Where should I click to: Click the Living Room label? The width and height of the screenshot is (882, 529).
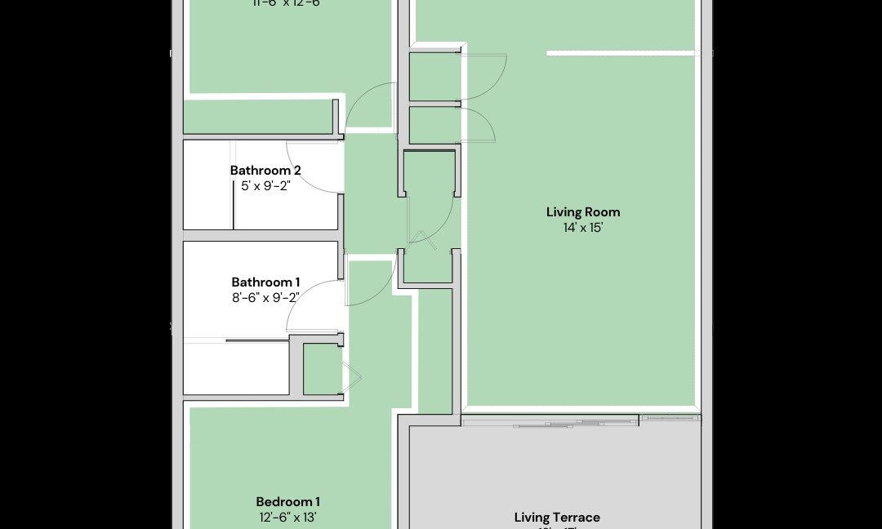click(583, 212)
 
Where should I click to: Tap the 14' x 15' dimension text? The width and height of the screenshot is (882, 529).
click(583, 228)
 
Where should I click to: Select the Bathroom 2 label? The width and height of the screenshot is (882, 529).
click(265, 171)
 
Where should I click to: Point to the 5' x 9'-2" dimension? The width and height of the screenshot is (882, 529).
click(265, 185)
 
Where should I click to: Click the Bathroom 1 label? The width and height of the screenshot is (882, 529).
click(265, 282)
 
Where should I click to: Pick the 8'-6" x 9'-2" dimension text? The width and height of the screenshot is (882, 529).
click(265, 298)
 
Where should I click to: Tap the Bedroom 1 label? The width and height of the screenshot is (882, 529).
click(287, 501)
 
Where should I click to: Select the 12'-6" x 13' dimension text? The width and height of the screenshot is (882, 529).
click(287, 517)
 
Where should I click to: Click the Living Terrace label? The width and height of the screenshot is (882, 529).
click(557, 518)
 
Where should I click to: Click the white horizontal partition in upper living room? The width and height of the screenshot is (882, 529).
click(621, 53)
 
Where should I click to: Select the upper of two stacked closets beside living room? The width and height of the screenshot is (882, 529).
click(432, 77)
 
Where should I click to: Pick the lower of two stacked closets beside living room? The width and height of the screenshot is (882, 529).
click(432, 125)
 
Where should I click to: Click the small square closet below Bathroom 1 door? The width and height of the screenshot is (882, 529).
click(322, 371)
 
